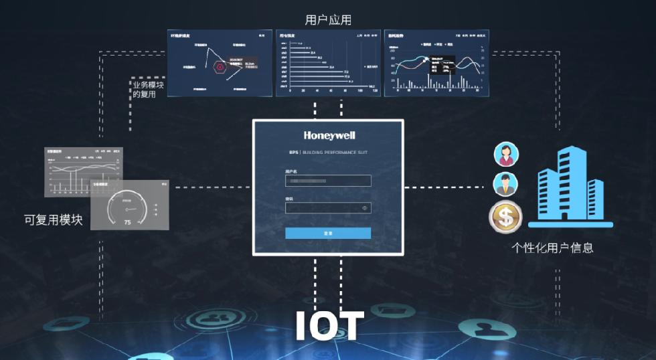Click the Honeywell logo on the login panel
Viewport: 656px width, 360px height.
(328, 135)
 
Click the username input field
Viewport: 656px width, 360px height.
(328, 181)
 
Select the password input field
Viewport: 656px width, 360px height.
(323, 208)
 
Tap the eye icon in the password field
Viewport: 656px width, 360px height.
(365, 208)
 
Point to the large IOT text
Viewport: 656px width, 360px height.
(329, 326)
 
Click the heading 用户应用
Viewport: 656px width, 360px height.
(328, 20)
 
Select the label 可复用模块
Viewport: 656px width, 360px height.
(53, 219)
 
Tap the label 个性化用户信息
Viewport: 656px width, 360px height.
(552, 248)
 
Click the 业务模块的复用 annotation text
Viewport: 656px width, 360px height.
(148, 90)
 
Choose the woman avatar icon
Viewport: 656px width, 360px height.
(505, 155)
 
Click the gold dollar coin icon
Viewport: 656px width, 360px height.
(505, 217)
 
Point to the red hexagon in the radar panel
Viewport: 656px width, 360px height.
(219, 66)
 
